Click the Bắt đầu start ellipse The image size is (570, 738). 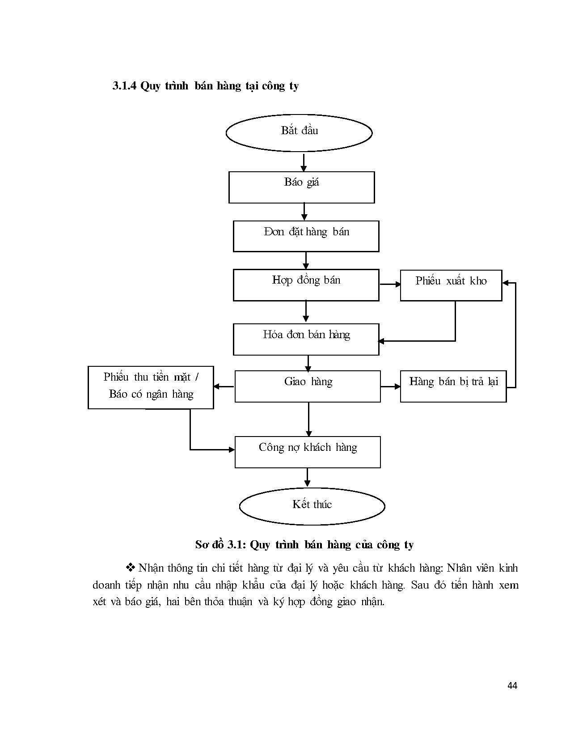point(299,133)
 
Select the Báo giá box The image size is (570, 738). point(301,187)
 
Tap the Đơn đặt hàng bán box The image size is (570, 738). point(306,236)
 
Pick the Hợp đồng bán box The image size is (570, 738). point(306,285)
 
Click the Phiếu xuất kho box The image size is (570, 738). point(451,285)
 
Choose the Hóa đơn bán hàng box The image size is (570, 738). point(306,339)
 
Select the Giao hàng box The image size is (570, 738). point(308,386)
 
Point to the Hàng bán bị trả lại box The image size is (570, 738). point(453,386)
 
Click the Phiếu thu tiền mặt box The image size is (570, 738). point(151,387)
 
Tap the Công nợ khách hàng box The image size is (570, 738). point(308,452)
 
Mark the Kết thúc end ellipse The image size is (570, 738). point(312,506)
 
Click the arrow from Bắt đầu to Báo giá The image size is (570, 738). point(304,163)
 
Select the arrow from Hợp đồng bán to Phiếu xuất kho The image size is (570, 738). point(390,284)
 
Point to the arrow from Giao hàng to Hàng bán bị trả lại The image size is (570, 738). point(390,386)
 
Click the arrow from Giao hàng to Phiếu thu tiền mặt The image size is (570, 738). point(224,386)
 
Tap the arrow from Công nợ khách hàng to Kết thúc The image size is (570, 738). point(307,477)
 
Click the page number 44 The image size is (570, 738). point(512,686)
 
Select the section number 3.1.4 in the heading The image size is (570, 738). point(125,86)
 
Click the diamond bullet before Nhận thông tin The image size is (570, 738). point(131,568)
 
